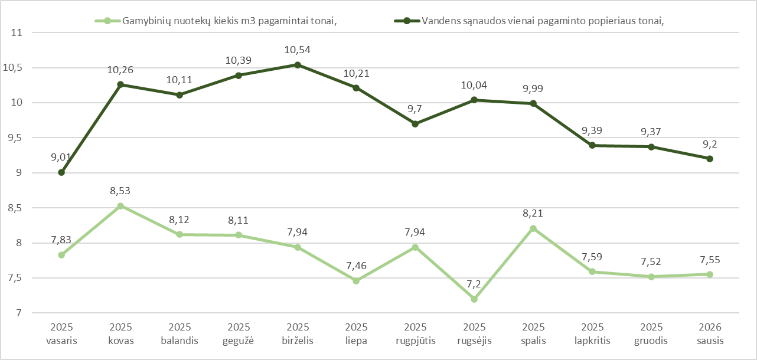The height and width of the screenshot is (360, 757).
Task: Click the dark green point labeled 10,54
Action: point(298,65)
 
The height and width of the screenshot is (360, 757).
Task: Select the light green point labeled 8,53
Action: point(120,206)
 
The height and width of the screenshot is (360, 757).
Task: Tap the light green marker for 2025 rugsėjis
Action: point(474,299)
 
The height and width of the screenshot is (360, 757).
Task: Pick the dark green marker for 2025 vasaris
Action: point(61,172)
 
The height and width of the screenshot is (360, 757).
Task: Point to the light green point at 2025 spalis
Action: point(533,228)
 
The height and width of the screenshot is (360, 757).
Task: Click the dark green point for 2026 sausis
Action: point(710,159)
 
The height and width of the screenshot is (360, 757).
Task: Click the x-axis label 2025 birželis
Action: point(298,334)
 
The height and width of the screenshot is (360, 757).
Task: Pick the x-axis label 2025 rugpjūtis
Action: point(415,334)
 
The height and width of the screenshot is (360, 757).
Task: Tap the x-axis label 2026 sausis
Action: point(710,334)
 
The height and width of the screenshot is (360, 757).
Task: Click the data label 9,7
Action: point(415,109)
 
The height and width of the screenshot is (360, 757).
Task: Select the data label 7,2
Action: point(474,284)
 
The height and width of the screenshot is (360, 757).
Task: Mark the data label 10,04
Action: point(474,86)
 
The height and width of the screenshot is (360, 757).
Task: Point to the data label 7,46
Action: point(356,266)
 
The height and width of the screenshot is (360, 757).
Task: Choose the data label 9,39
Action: point(592,130)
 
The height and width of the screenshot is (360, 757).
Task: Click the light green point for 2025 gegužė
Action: point(239,235)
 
